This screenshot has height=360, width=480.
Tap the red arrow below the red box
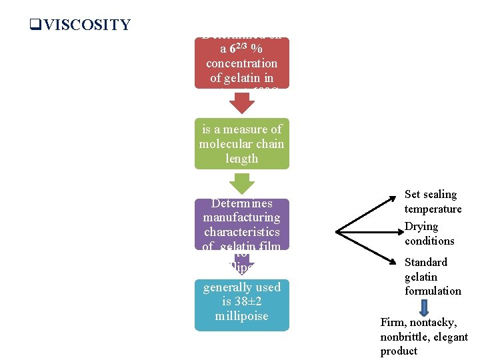tap(242, 102)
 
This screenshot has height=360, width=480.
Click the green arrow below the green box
tap(242, 183)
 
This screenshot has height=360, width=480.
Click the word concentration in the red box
tap(241, 63)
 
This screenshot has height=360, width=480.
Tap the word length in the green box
tap(241, 159)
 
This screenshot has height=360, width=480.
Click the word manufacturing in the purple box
tap(241, 217)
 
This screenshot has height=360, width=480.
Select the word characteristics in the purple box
tap(241, 232)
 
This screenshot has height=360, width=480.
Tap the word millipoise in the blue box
tap(241, 316)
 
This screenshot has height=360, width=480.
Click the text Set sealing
tap(431, 195)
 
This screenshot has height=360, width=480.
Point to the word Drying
tap(421, 227)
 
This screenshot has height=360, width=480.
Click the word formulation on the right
tap(433, 291)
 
